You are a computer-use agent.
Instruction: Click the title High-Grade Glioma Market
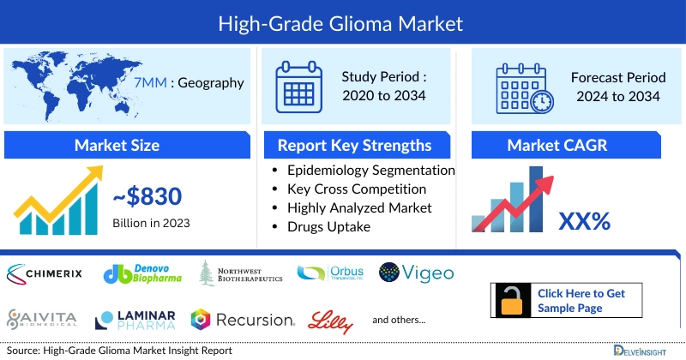(343, 20)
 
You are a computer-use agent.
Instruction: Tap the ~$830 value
(147, 197)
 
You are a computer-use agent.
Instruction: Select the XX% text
(584, 221)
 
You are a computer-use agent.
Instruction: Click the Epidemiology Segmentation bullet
(370, 170)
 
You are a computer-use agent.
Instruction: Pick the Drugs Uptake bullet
(330, 226)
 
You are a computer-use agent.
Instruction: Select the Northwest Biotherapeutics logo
(242, 274)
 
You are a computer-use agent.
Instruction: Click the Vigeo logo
(416, 274)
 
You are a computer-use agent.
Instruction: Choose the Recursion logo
(243, 320)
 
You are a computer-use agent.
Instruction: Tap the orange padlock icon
(512, 301)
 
